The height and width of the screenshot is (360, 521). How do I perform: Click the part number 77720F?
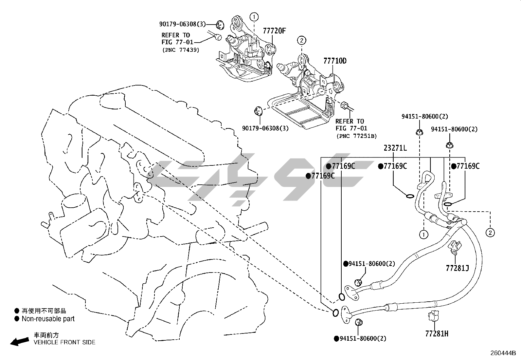point(274,31)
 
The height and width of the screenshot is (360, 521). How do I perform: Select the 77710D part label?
point(335,61)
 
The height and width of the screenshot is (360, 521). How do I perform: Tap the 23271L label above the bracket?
point(395,148)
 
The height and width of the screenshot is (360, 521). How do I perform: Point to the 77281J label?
point(457,268)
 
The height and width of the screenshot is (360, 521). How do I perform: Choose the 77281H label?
point(437,334)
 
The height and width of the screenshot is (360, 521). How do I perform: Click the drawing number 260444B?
point(503,353)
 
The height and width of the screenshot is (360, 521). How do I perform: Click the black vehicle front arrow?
point(20,341)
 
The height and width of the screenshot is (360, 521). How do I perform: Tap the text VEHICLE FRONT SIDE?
point(65,342)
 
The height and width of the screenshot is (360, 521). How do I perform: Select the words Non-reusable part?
point(48,319)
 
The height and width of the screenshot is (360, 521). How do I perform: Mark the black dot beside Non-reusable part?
point(17,319)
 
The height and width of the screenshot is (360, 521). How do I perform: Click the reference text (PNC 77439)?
point(181,50)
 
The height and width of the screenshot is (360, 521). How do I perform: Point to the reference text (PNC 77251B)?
point(357,136)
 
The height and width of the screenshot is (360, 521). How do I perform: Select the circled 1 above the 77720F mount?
point(254,17)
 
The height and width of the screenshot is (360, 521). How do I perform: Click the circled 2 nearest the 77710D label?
point(302,41)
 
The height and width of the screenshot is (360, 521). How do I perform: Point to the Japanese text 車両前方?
point(46,335)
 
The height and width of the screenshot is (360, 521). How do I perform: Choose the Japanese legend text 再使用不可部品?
point(44,311)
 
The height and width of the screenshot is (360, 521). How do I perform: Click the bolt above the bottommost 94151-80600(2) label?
point(359,323)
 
